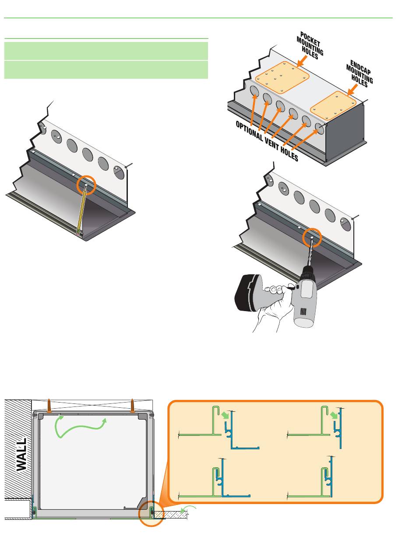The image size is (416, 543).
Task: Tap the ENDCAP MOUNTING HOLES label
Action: point(360,72)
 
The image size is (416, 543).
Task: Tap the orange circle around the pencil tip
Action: point(86,186)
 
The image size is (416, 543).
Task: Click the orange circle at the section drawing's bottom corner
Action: point(151,514)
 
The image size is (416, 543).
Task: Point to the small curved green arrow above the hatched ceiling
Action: point(189,508)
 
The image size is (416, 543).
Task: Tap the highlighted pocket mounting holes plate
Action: point(282,77)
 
